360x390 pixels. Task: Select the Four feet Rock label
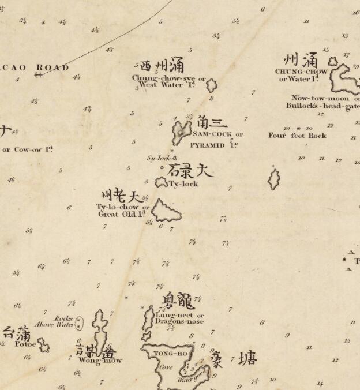point(297,136)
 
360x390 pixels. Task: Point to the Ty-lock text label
point(183,184)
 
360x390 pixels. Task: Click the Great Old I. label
point(123,214)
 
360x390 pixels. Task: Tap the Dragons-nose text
point(179,321)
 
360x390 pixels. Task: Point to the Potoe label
point(26,344)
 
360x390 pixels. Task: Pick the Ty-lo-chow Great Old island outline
point(166,211)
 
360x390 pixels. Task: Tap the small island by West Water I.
point(212,85)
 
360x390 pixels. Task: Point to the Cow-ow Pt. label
point(28,149)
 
